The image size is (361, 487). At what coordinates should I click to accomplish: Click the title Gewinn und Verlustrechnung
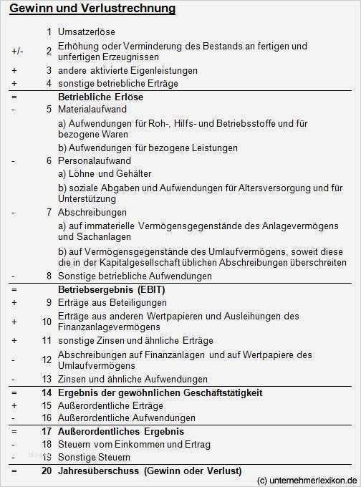coord(93,9)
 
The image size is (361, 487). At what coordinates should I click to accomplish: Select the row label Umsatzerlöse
coord(86,32)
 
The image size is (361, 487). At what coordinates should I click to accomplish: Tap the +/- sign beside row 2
coord(16,52)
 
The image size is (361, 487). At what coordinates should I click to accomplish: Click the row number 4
coord(49,84)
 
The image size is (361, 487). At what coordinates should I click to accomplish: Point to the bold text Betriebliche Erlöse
coord(100,97)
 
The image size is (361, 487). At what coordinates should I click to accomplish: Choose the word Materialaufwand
coord(92,110)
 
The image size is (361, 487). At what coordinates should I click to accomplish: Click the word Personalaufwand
coord(92,161)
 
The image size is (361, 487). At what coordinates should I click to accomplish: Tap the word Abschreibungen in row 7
coord(92,213)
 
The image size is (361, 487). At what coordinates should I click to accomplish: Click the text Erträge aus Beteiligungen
coord(112,302)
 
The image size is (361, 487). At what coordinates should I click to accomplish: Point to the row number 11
coord(47,341)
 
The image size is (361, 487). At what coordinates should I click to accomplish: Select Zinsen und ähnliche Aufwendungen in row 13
coord(133,379)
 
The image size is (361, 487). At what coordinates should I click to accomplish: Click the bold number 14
coord(47,392)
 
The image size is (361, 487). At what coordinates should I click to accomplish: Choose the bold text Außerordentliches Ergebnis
coord(121,432)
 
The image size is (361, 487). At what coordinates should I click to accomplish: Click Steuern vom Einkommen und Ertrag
coord(134,445)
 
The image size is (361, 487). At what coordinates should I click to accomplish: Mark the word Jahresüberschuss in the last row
coord(98,471)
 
